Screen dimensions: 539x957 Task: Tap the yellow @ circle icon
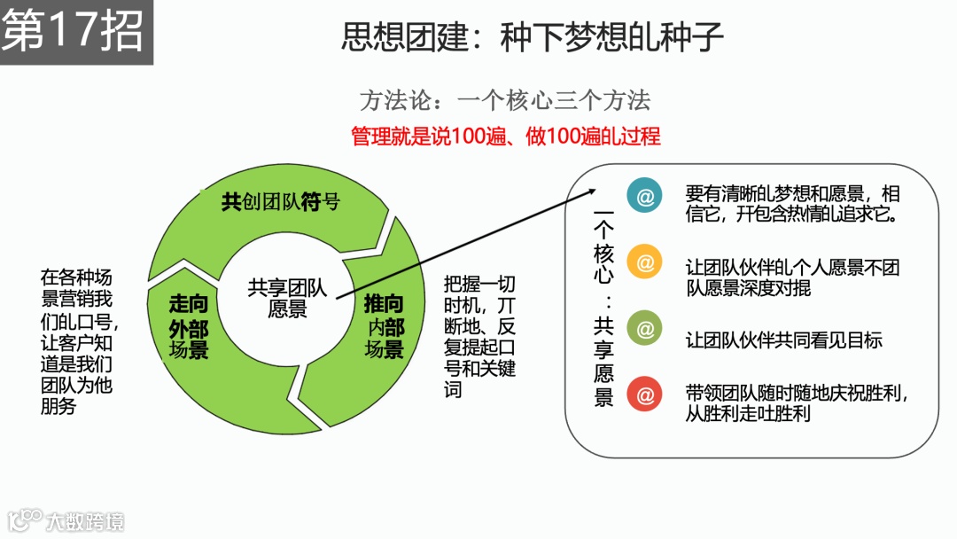(x=645, y=263)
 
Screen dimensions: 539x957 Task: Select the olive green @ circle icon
(x=645, y=329)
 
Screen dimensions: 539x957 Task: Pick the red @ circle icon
(x=645, y=394)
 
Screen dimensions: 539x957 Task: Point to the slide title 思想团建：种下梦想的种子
(x=533, y=37)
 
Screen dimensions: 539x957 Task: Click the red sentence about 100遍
(x=506, y=137)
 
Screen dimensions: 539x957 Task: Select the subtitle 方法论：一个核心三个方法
(x=505, y=100)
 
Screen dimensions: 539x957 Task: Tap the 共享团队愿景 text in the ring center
(x=288, y=298)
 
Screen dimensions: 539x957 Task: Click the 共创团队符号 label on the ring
(x=280, y=202)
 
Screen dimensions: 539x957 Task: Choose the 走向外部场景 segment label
(x=189, y=326)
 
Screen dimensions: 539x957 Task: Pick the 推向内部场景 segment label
(x=384, y=326)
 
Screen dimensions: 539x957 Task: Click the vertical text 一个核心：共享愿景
(x=603, y=310)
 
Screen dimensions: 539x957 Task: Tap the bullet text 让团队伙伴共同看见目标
(x=784, y=340)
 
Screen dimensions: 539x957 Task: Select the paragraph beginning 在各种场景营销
(x=77, y=341)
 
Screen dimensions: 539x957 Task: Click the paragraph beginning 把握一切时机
(x=479, y=336)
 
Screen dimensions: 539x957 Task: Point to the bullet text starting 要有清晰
(x=793, y=204)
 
